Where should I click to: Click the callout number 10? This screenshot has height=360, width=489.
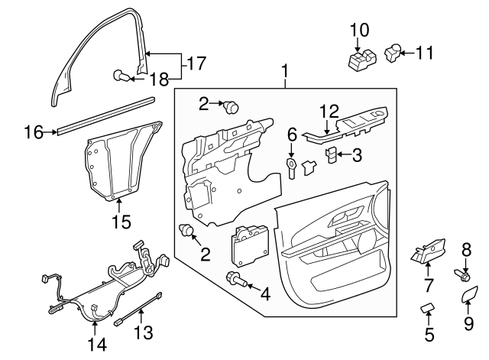(x=359, y=30)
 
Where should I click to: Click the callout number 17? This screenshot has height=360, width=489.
(x=196, y=63)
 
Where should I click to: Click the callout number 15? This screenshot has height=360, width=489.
(x=121, y=222)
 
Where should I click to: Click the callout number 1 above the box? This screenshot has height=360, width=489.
(x=284, y=73)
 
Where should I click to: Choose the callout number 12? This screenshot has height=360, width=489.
(x=328, y=112)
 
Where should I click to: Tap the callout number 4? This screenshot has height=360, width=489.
(x=265, y=293)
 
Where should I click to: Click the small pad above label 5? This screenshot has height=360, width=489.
(x=429, y=308)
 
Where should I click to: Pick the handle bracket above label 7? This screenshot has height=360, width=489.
(x=428, y=250)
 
